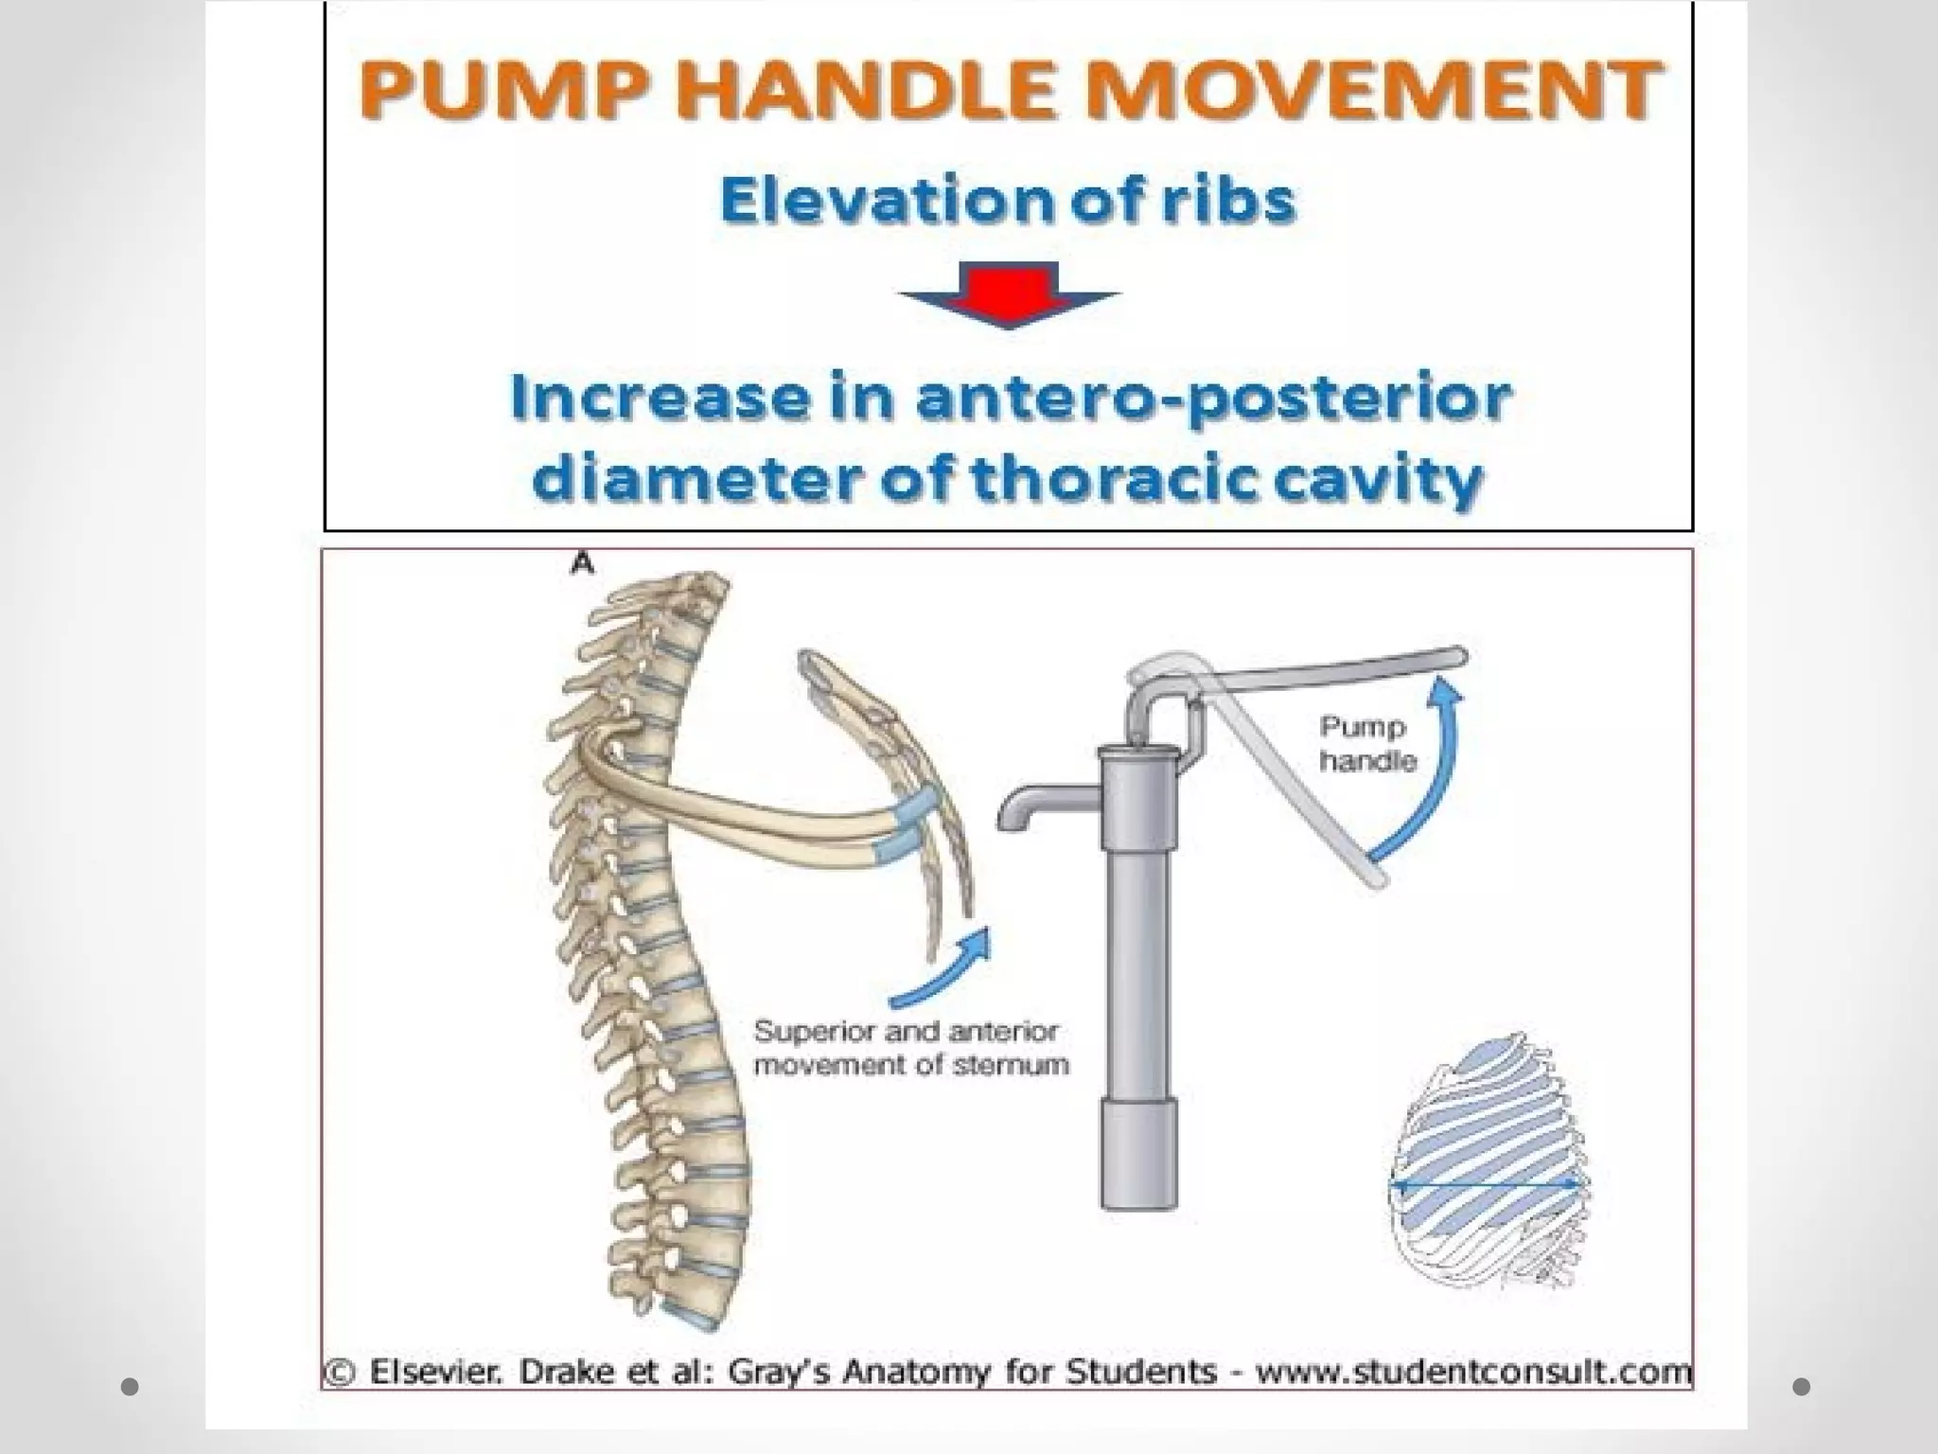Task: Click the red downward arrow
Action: coord(1009,295)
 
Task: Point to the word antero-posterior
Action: coord(1211,399)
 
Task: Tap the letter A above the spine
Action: coord(582,564)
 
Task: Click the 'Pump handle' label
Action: coord(1365,743)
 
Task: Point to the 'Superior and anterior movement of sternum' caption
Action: coord(910,1047)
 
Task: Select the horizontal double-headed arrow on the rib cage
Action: coord(1486,1183)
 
